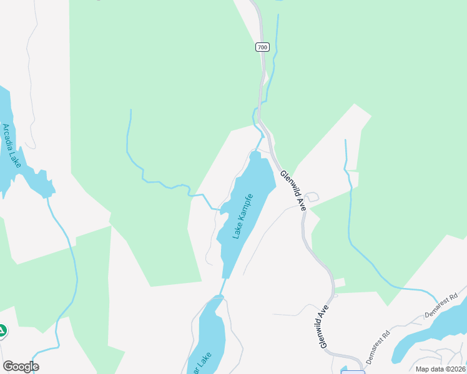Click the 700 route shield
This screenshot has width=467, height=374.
[x=262, y=47]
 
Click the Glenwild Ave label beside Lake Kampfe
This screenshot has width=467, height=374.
[x=292, y=190]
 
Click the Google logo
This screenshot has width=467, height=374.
[x=21, y=367]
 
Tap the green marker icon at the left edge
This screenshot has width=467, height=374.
[x=2, y=331]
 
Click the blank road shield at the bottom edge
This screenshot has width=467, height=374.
[x=353, y=372]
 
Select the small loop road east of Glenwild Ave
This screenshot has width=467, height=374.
[x=312, y=197]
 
